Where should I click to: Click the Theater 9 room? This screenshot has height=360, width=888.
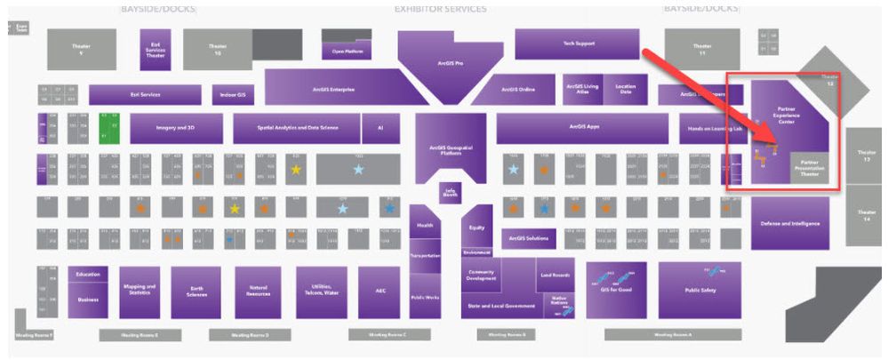click(x=82, y=50)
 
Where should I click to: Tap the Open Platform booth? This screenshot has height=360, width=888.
click(x=350, y=50)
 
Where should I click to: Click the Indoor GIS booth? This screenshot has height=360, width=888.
click(x=234, y=94)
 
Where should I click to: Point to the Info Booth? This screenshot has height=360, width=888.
click(x=451, y=192)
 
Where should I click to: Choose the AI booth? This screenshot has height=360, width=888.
click(x=380, y=128)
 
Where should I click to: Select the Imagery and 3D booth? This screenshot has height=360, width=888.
click(x=176, y=128)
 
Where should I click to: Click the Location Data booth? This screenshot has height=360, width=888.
click(x=626, y=89)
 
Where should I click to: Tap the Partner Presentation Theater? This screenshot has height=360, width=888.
click(x=810, y=167)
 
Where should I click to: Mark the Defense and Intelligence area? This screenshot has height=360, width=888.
click(x=789, y=223)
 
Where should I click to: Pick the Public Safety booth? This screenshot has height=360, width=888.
click(x=700, y=290)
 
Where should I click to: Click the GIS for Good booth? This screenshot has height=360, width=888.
click(x=615, y=290)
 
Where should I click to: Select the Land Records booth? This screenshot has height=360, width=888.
click(x=555, y=275)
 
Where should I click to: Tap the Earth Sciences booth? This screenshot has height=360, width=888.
click(x=196, y=292)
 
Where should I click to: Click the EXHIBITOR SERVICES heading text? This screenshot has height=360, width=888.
click(x=440, y=9)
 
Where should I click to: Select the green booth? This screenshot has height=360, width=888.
click(x=109, y=128)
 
